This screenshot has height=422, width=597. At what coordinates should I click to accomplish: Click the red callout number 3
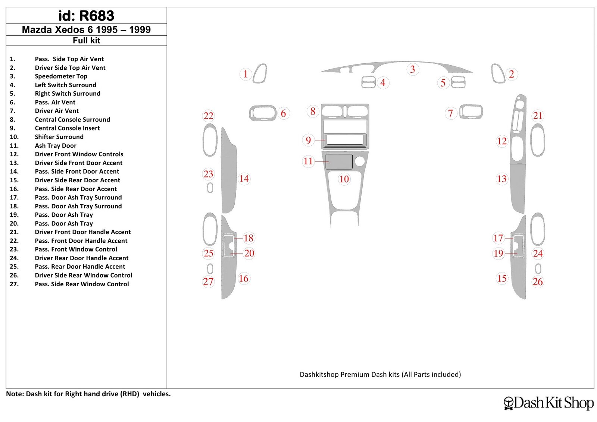coord(413,69)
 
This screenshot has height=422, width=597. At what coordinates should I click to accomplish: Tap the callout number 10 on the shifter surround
coord(344,179)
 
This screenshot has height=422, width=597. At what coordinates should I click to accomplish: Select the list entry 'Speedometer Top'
coord(61,76)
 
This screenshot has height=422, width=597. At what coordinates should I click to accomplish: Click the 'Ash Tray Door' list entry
coord(56,146)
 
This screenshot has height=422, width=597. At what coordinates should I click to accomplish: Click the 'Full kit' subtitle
coord(86,41)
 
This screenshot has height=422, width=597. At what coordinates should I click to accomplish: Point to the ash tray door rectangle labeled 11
coord(339,161)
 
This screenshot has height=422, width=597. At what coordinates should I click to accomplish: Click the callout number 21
coord(538,116)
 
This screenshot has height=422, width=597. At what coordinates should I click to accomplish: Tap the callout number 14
coord(244,179)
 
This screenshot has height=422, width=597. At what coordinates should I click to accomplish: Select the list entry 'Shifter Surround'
coord(59,137)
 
